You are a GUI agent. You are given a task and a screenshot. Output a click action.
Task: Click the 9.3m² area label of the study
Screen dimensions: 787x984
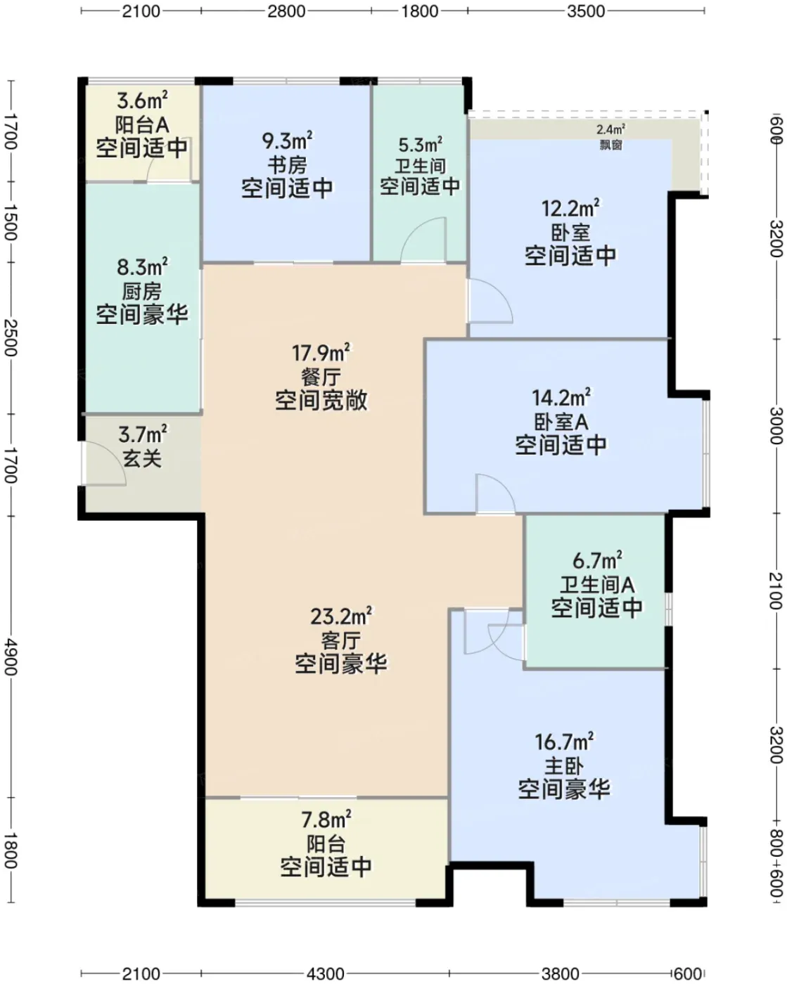[288, 141]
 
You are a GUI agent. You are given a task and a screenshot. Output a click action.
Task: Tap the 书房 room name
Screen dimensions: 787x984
[288, 165]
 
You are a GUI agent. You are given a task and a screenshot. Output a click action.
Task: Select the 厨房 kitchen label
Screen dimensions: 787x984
[142, 292]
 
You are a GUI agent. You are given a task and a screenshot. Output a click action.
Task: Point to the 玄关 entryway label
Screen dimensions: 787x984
[142, 458]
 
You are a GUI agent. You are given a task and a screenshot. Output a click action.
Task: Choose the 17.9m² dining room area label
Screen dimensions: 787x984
[321, 353]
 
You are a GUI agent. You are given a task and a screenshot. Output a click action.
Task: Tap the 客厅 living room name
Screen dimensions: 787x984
[341, 640]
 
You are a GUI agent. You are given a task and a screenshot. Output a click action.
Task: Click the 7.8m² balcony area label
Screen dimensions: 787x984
[326, 820]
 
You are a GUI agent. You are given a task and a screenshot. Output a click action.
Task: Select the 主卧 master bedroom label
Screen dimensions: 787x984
[564, 765]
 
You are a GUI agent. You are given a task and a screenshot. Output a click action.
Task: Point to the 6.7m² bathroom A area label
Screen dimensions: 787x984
[597, 561]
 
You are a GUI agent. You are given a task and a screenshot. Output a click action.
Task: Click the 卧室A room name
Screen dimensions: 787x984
[561, 422]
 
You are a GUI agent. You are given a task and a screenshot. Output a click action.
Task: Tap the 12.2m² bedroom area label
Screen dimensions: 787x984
[570, 209]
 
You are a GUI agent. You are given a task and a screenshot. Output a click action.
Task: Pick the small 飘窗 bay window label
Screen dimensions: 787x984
[611, 145]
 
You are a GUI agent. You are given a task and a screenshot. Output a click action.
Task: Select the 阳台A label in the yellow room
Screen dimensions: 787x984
[142, 125]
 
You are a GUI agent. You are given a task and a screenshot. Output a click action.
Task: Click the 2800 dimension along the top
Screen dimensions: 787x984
[286, 11]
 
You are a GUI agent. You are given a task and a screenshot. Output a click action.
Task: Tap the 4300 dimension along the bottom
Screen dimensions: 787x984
[326, 974]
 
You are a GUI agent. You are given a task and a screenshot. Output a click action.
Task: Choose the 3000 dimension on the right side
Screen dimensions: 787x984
[776, 425]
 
